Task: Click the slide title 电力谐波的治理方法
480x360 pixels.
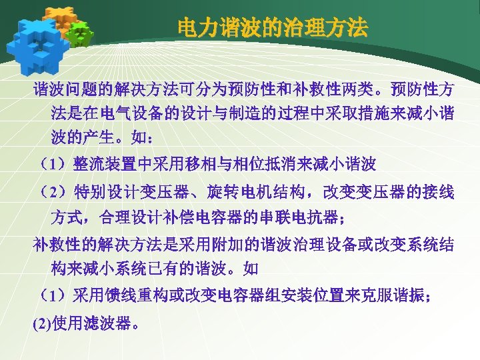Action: click(272, 29)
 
